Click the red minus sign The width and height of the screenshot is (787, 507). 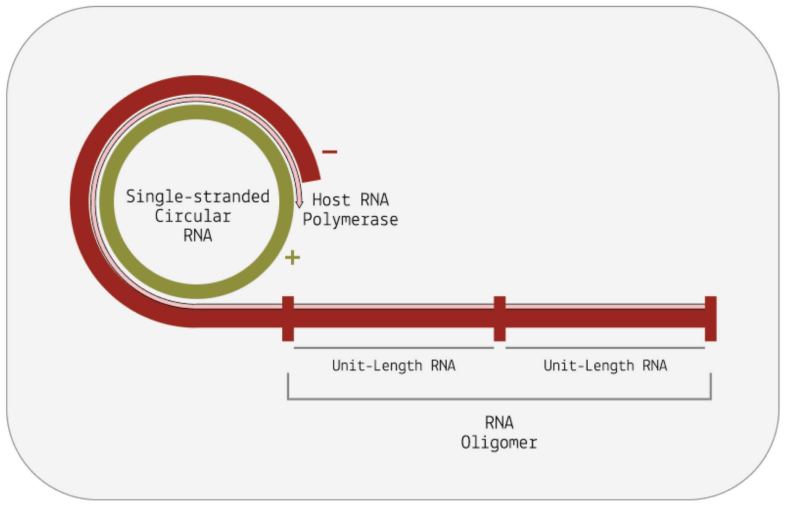(329, 152)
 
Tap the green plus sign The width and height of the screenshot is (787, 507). (292, 257)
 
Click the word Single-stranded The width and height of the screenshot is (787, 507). (198, 197)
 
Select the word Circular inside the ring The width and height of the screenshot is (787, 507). (193, 216)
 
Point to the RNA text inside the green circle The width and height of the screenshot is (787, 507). (198, 236)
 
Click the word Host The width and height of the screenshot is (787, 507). (331, 200)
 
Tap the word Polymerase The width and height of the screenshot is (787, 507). (350, 220)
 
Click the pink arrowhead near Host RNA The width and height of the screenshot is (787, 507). (299, 203)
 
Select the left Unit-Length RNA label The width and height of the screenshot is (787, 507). (394, 365)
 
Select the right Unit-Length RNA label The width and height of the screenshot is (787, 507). (605, 365)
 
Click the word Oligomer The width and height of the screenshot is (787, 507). (499, 443)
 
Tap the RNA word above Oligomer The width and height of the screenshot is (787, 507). (499, 422)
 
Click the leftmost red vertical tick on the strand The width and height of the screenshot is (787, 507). (288, 319)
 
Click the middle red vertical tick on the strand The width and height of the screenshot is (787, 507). (499, 319)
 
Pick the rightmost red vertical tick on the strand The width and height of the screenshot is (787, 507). (710, 319)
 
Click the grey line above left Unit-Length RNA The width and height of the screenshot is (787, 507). (394, 348)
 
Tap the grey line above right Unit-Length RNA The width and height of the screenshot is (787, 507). (605, 348)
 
